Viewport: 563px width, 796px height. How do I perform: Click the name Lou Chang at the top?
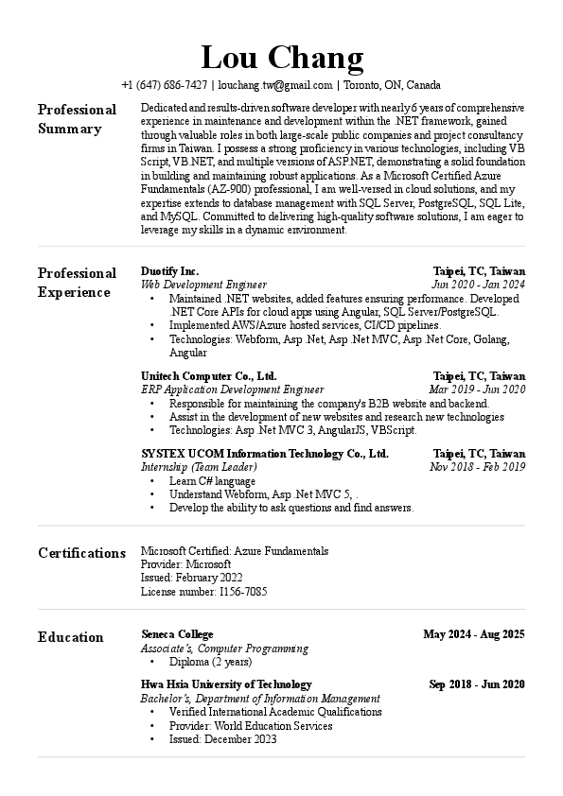click(x=282, y=58)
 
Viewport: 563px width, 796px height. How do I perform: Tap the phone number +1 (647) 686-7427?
click(x=164, y=84)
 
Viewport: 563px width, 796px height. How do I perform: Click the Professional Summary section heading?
click(x=77, y=119)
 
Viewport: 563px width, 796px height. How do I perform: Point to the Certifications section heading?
click(x=81, y=553)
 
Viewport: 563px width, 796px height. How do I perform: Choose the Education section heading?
click(x=71, y=637)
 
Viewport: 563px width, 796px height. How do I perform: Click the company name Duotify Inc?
click(x=169, y=270)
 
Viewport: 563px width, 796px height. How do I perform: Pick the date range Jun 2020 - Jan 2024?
click(x=478, y=284)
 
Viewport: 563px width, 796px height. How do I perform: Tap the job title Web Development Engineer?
click(x=203, y=284)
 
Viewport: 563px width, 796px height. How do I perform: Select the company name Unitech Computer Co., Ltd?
click(x=208, y=375)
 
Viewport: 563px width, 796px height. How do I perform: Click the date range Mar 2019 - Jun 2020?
click(x=477, y=389)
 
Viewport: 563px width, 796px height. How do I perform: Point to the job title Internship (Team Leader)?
click(x=199, y=467)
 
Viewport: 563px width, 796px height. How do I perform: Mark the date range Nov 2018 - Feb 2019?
click(x=477, y=467)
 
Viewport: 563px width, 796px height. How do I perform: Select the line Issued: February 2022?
click(x=191, y=578)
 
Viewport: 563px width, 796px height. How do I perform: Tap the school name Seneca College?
click(x=177, y=633)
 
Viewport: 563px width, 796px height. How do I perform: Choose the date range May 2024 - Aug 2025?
click(x=474, y=633)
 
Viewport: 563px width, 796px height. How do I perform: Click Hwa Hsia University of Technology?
click(x=226, y=684)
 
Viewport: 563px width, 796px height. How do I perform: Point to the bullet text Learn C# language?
click(x=212, y=481)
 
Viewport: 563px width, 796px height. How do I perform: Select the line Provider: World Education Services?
click(x=251, y=726)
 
